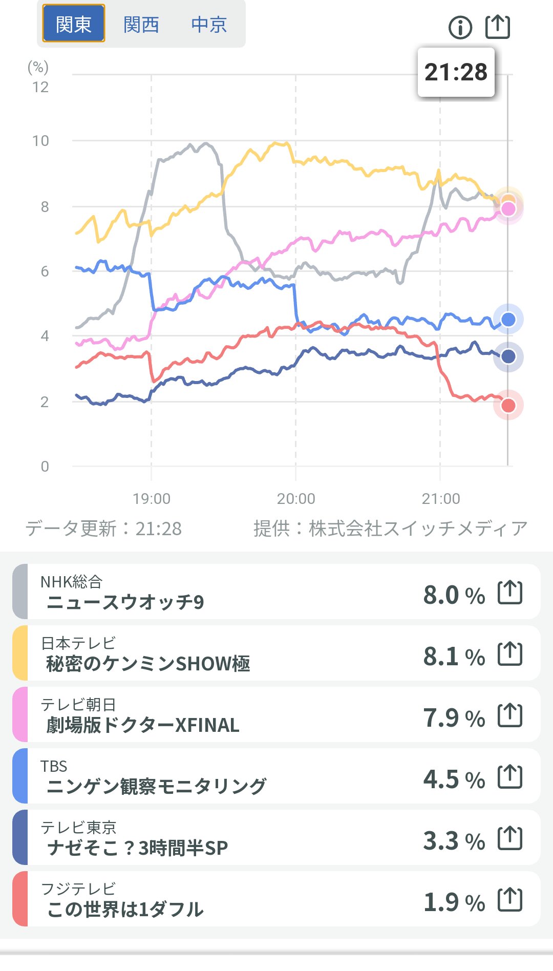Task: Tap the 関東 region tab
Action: (73, 24)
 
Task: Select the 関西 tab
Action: (141, 24)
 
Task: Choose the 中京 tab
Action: (209, 24)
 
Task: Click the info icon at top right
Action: (460, 27)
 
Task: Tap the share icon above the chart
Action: (497, 27)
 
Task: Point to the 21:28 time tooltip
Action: (456, 72)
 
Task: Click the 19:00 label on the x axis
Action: (152, 498)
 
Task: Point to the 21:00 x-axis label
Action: (440, 498)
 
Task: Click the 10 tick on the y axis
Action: (41, 141)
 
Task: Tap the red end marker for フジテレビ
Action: (508, 406)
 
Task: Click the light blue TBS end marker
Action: (508, 320)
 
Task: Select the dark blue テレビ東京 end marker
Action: (508, 356)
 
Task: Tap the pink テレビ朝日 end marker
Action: (508, 209)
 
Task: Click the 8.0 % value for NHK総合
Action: (454, 595)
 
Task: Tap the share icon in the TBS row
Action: (510, 777)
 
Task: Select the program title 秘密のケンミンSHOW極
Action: (148, 664)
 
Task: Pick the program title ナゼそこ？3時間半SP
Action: (137, 848)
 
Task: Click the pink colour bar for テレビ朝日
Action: (20, 714)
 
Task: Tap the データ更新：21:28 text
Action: (104, 529)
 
